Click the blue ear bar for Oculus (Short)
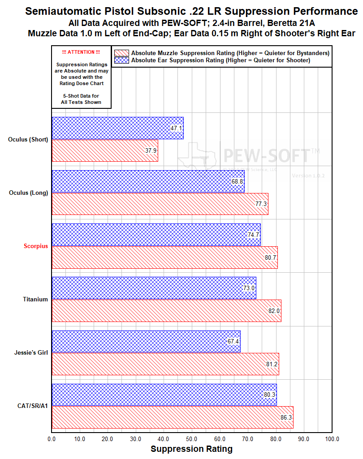(x=117, y=128)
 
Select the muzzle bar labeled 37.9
(x=104, y=150)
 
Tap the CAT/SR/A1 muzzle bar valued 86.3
(x=173, y=417)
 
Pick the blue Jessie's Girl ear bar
(x=146, y=342)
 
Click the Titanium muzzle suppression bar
(x=166, y=311)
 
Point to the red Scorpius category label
(x=36, y=246)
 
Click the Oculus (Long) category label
(x=29, y=193)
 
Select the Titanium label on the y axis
(x=35, y=300)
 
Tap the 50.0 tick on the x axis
(x=192, y=439)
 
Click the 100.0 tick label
(x=332, y=439)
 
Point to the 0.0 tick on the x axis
(x=52, y=439)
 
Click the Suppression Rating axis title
(x=191, y=449)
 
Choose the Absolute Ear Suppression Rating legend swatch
(x=121, y=60)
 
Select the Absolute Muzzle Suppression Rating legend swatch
(x=121, y=53)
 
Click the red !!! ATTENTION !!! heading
(x=81, y=52)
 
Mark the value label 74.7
(x=254, y=235)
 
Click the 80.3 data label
(x=270, y=395)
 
